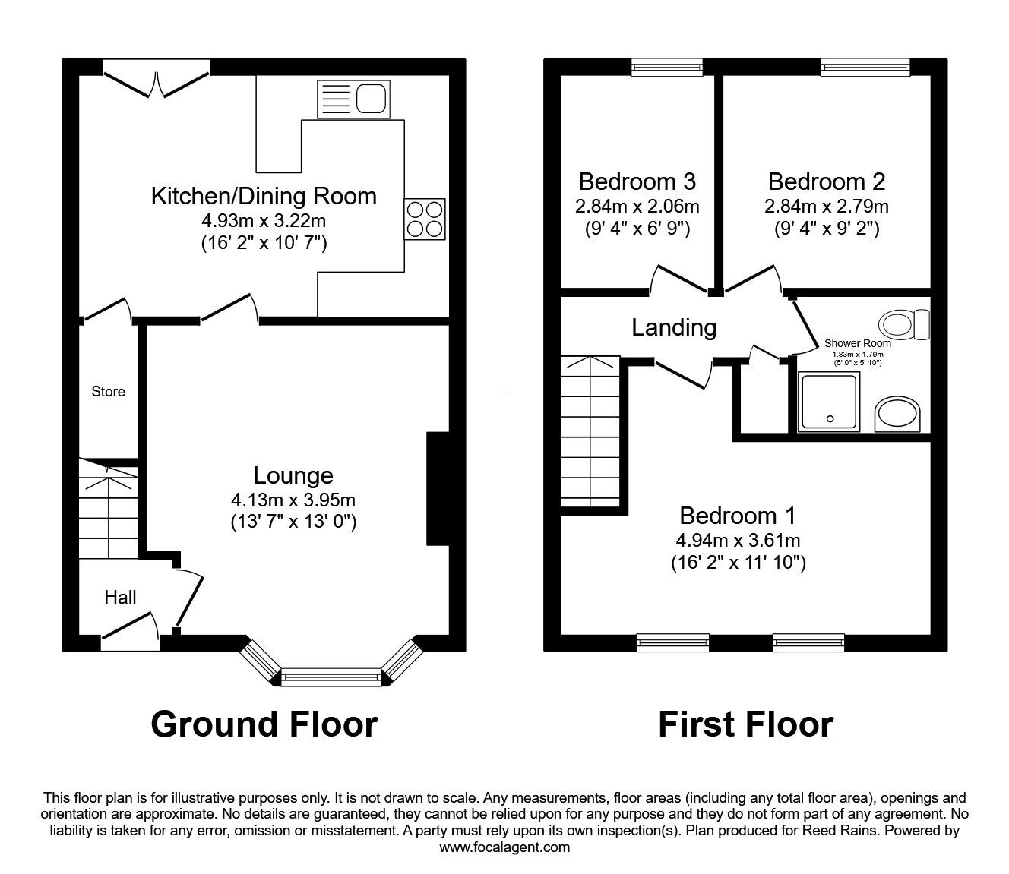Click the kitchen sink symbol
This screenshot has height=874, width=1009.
point(353,99)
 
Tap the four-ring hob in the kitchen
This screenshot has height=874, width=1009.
point(425,219)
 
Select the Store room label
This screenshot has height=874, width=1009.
point(108,392)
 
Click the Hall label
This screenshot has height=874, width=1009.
point(120,598)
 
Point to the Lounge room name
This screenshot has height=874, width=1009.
point(293,475)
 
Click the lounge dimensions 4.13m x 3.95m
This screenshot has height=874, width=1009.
point(293,500)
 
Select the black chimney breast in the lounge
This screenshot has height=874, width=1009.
point(438,489)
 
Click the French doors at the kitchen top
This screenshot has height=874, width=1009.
point(156,82)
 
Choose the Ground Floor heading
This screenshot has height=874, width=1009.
point(264,724)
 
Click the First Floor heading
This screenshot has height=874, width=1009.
point(745,724)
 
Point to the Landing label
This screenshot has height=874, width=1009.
point(674,327)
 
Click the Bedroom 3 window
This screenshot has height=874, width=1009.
point(667,68)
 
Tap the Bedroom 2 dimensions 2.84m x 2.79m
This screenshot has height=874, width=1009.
point(827,206)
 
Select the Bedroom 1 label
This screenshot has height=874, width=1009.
point(737,516)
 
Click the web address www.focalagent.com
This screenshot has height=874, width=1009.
point(504,847)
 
